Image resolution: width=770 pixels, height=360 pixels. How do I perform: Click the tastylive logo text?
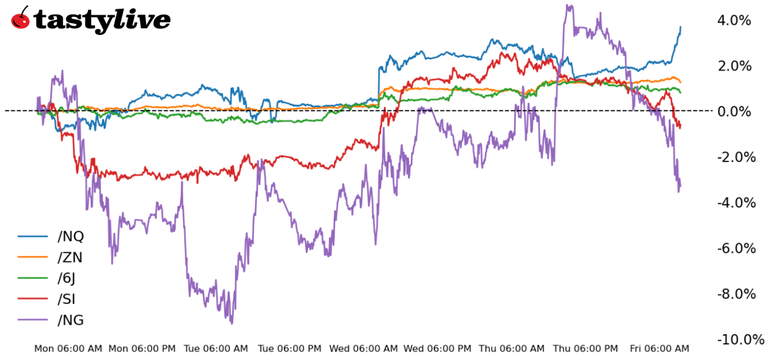pyautogui.click(x=102, y=20)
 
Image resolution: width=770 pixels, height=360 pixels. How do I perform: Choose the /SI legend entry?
pyautogui.click(x=66, y=299)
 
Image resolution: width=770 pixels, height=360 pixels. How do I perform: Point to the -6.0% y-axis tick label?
pyautogui.click(x=735, y=248)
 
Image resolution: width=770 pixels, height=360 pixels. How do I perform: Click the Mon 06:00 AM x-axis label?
pyautogui.click(x=68, y=348)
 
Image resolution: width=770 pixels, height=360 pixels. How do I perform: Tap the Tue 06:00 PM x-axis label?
pyautogui.click(x=289, y=348)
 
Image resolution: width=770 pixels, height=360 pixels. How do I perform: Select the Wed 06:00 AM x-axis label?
pyautogui.click(x=364, y=348)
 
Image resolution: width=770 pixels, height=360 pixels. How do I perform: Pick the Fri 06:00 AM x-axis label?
pyautogui.click(x=659, y=348)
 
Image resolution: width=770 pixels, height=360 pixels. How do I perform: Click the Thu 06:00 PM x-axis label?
pyautogui.click(x=586, y=348)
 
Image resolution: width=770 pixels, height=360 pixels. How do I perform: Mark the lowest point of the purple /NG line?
pyautogui.click(x=231, y=323)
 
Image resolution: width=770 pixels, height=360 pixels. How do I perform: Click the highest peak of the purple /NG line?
pyautogui.click(x=568, y=5)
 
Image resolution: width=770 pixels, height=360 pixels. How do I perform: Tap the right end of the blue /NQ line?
pyautogui.click(x=681, y=27)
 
